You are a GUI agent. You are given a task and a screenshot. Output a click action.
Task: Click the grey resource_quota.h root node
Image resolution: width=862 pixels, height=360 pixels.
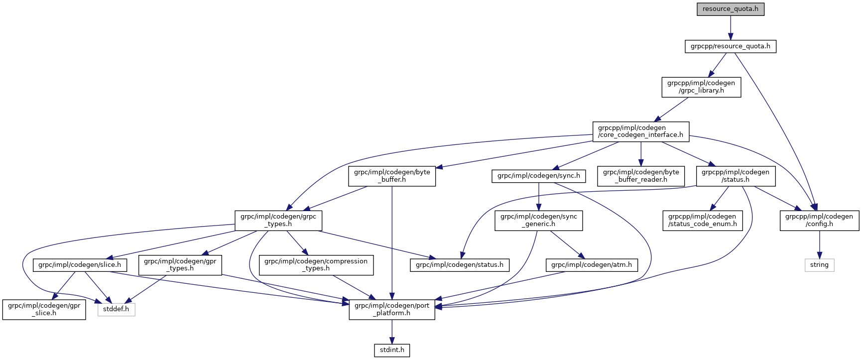730,9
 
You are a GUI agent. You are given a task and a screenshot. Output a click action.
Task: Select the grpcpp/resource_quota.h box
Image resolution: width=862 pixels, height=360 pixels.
730,46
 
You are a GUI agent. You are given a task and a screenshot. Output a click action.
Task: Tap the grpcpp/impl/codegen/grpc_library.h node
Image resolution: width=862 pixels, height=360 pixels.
701,87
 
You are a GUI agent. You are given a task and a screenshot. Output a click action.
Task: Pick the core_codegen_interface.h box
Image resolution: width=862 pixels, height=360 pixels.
640,131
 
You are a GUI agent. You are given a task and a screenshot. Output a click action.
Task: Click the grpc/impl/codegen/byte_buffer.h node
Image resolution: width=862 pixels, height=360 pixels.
392,176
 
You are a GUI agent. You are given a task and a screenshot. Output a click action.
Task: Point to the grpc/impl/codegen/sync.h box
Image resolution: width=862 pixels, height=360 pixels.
538,176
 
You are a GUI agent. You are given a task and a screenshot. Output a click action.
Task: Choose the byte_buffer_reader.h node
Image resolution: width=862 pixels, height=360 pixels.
641,176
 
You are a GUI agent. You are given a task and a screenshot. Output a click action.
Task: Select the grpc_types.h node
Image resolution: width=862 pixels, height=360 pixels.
278,220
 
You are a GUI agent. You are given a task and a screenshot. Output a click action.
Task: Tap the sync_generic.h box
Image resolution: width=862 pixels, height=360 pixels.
538,220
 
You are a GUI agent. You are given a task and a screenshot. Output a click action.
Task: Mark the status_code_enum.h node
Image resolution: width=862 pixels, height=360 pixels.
702,220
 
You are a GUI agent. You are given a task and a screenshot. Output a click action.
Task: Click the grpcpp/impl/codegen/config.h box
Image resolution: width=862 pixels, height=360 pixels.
819,220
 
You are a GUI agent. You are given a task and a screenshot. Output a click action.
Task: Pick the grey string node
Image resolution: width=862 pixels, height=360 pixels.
819,265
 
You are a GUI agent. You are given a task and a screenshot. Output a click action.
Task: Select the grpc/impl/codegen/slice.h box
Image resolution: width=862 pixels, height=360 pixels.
79,265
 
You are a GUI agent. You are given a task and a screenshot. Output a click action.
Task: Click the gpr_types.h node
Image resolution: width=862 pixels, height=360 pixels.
180,265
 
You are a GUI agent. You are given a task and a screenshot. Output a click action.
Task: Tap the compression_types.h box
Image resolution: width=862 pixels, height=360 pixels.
316,265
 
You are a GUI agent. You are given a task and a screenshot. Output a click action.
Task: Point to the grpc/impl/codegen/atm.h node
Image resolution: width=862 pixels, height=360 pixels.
591,265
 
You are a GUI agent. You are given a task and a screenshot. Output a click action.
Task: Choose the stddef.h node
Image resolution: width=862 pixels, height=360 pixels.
116,309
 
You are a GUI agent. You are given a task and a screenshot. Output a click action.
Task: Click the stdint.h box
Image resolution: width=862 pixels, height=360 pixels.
392,350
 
